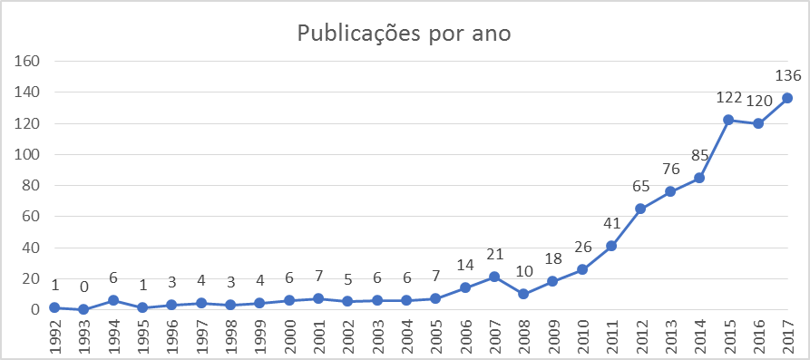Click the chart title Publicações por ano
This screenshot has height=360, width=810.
click(x=405, y=34)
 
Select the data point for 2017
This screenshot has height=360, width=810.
click(x=787, y=98)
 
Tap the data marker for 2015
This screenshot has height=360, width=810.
click(x=728, y=120)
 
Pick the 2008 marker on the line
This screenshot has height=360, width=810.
click(x=523, y=294)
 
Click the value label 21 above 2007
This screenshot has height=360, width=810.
click(x=494, y=254)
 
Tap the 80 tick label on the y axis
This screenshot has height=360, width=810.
click(x=32, y=185)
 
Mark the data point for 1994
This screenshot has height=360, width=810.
click(x=112, y=300)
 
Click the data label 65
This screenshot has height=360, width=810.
click(x=640, y=186)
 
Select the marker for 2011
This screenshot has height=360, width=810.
click(x=611, y=246)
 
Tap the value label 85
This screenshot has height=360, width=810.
click(x=699, y=155)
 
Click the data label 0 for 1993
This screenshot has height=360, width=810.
click(x=83, y=287)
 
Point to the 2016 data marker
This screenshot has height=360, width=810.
click(x=758, y=123)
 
